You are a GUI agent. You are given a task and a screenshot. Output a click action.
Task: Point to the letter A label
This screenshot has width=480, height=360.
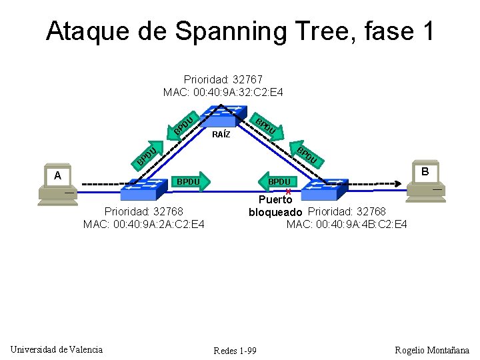click(58, 175)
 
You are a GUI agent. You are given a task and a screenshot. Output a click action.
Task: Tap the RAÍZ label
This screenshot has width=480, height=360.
click(221, 135)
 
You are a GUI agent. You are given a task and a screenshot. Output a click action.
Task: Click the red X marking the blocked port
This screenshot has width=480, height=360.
click(288, 191)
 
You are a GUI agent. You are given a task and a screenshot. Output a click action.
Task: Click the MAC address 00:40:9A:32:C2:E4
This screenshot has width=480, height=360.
click(223, 92)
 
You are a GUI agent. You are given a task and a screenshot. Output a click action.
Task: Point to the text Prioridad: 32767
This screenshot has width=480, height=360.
click(223, 79)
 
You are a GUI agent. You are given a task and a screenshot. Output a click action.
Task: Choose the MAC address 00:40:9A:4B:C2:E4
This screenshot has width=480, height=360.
click(347, 224)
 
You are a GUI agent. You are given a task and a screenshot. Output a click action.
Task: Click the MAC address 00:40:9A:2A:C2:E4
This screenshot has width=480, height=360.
click(144, 224)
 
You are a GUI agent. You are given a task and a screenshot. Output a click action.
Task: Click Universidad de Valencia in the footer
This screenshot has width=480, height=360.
click(57, 349)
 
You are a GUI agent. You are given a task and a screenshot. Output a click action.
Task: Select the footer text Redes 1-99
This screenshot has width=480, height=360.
click(235, 351)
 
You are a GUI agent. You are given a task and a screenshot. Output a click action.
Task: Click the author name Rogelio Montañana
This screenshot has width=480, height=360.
click(432, 350)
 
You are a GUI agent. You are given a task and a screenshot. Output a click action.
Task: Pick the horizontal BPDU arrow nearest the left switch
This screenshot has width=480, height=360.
click(191, 181)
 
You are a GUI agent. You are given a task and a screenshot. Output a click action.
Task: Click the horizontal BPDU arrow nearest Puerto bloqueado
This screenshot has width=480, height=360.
click(280, 181)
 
